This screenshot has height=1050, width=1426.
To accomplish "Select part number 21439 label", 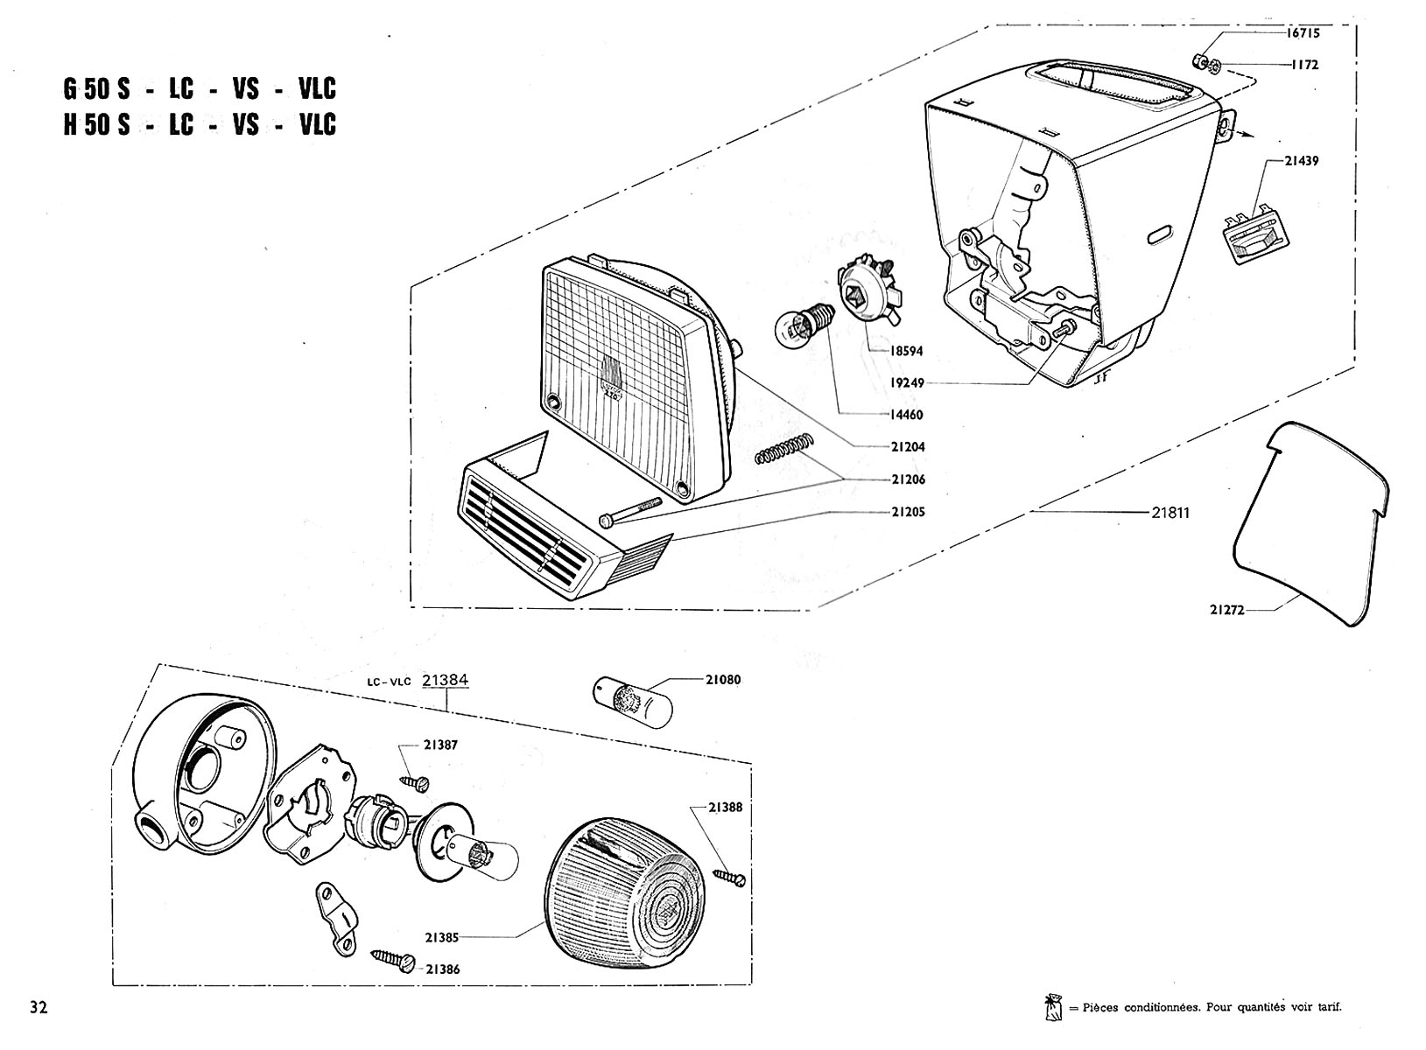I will pos(1302,161).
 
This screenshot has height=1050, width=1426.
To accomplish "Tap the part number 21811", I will pos(1170,513).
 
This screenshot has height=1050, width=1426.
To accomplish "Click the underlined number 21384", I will pos(445,681).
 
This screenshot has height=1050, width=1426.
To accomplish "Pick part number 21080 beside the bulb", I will pos(723,679).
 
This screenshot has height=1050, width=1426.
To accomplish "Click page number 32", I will pos(38,1007).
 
